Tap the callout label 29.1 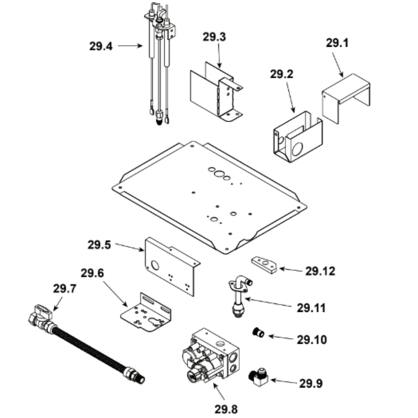click(336, 43)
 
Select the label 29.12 click(320, 271)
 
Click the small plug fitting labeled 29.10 click(259, 333)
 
